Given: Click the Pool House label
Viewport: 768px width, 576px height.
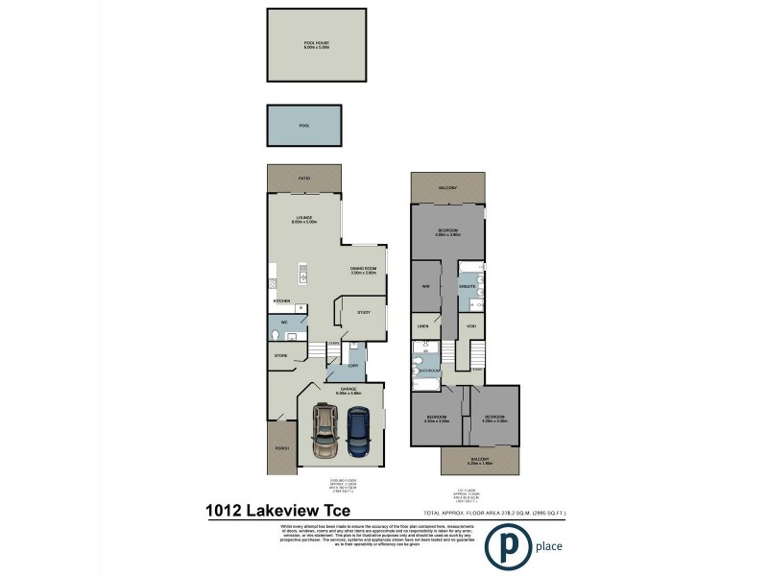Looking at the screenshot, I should point(316,43).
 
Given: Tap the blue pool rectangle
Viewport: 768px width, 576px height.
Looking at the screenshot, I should point(305,126).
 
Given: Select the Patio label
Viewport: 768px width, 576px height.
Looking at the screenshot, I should point(304,179).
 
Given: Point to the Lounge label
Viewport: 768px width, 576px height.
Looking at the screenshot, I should point(305,219).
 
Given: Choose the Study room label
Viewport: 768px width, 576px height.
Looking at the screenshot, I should point(364,312).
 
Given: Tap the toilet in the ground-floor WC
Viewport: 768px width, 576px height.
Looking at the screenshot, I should point(276,335).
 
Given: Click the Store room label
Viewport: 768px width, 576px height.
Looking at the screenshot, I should point(281,356).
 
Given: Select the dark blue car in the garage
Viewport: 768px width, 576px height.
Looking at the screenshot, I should point(359,432).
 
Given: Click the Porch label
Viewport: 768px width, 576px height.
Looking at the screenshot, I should point(282,448).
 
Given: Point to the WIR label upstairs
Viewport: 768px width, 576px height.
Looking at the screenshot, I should point(423,287).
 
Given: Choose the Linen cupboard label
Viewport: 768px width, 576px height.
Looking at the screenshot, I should point(422,326).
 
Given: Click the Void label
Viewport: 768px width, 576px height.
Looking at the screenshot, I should point(471,326).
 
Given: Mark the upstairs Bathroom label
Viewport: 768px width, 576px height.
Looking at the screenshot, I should point(428,371).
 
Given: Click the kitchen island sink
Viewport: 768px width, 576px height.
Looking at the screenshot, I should point(303,277).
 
